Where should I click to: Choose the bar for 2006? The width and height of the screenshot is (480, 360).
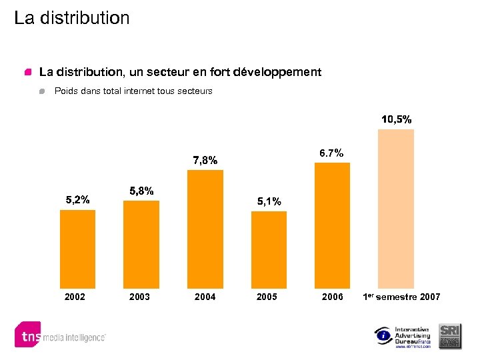(332, 224)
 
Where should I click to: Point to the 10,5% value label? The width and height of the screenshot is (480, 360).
(396, 119)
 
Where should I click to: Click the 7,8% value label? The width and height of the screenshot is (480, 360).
(205, 160)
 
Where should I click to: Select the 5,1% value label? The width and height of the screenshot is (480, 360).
(269, 201)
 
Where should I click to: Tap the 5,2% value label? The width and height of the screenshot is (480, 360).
(78, 199)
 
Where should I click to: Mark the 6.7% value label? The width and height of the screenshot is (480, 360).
(331, 153)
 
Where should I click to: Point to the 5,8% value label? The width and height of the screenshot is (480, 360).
(141, 191)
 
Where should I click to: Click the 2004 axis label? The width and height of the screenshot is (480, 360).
(205, 297)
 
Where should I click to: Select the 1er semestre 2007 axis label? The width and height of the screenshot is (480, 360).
(402, 297)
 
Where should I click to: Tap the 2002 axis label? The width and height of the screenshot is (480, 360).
(75, 297)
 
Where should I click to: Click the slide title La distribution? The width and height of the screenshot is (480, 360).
(72, 18)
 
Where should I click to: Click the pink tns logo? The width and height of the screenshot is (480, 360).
(27, 335)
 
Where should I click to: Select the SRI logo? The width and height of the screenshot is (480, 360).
(449, 335)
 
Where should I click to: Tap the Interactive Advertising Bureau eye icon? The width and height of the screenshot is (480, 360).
(383, 336)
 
